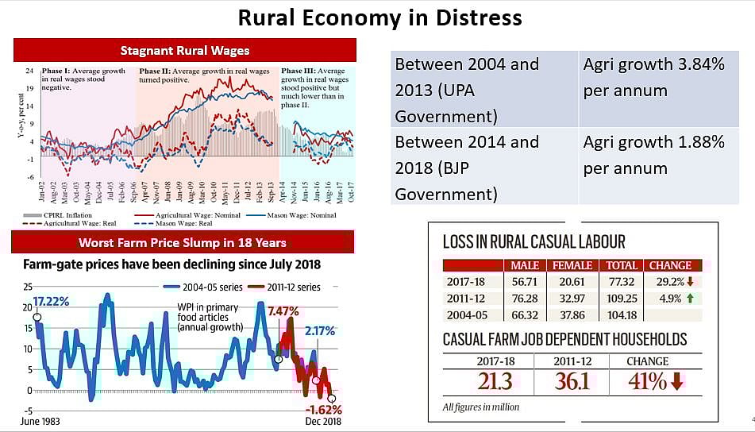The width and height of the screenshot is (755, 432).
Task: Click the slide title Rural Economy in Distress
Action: point(379,17)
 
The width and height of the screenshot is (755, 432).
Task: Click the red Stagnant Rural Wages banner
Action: point(184,51)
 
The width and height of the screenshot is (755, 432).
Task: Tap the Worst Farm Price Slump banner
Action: point(183,242)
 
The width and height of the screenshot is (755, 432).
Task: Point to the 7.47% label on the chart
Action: point(283,310)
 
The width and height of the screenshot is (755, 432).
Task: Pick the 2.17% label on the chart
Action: point(320,330)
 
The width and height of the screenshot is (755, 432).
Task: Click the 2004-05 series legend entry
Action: point(202,287)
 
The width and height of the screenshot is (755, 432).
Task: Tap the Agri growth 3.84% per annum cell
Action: point(653,77)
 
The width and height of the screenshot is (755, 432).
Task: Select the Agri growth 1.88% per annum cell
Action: point(653,155)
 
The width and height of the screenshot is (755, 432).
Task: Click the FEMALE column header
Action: point(572,265)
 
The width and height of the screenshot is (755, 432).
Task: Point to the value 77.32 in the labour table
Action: point(621,281)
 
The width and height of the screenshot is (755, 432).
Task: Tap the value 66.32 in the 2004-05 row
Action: point(525,314)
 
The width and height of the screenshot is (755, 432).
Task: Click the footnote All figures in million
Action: point(481,407)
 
